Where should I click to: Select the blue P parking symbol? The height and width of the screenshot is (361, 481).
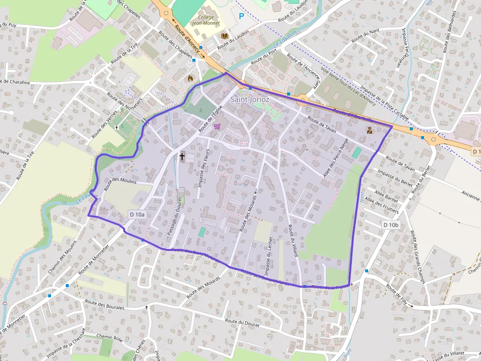241,16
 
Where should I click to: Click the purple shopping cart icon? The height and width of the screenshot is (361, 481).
217,126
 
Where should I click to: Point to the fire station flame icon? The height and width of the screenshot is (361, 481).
190,77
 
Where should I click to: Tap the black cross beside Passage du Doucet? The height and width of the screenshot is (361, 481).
182,157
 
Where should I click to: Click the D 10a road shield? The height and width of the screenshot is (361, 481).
138,215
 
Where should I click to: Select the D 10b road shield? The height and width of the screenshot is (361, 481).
391,224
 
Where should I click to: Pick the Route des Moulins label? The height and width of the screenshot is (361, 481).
120,181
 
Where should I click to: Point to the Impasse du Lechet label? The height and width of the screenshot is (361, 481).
267,256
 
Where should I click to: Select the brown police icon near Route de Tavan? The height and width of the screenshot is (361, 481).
369,130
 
